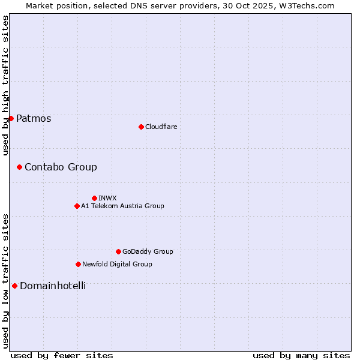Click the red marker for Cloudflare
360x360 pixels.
[x=141, y=127]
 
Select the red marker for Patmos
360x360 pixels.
[x=11, y=118]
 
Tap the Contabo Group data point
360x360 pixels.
[x=19, y=167]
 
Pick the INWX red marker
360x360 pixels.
[x=94, y=198]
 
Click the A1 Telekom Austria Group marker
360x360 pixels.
[x=77, y=206]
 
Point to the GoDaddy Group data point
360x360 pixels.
[x=118, y=251]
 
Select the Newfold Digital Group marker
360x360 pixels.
[x=78, y=264]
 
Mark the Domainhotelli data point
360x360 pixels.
[x=14, y=286]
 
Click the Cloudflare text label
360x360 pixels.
[x=161, y=127]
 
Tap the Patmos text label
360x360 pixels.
[x=34, y=118]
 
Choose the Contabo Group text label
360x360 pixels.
[x=61, y=167]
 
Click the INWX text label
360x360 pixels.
[x=107, y=198]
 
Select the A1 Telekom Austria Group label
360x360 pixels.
[x=122, y=206]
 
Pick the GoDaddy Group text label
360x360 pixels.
[x=148, y=251]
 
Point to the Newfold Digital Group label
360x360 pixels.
[x=117, y=264]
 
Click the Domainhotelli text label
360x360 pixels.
[x=53, y=286]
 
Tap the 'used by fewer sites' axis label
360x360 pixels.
[x=62, y=355]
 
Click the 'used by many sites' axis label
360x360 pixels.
[x=301, y=355]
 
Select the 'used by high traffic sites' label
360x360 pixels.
[x=5, y=85]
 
